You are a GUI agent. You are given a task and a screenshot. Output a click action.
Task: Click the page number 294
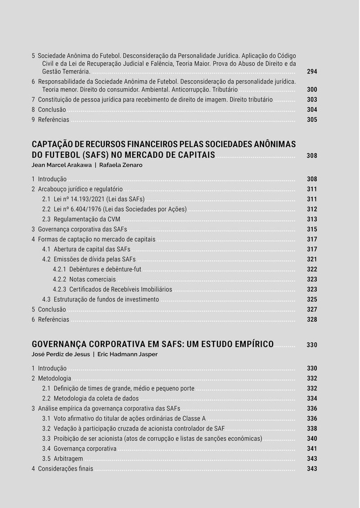pos(312,72)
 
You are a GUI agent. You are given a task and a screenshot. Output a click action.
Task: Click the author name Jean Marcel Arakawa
pos(61,165)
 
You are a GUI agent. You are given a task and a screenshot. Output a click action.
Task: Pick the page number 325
pos(312,299)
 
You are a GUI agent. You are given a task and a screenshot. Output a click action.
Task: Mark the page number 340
pos(312,439)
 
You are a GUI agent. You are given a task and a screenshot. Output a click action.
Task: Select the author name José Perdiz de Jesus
pos(61,354)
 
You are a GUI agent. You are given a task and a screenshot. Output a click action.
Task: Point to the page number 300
pos(312,90)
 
